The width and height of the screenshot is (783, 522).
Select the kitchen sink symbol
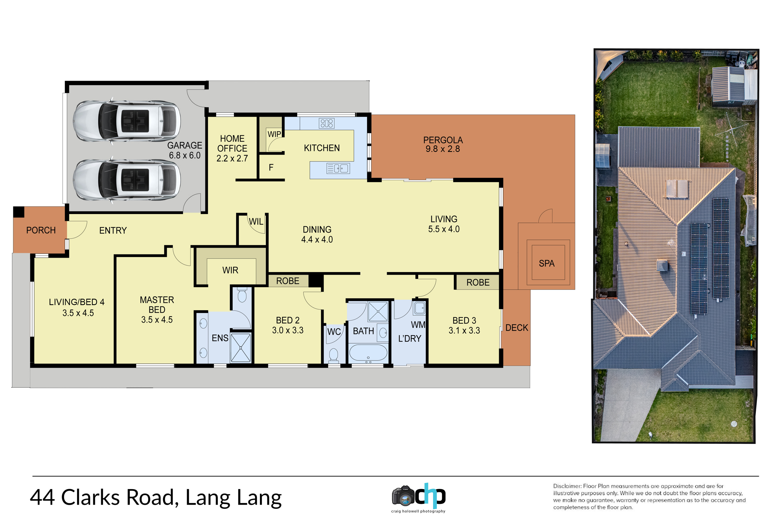pos(338,168)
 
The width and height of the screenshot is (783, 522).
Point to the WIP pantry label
pos(274,134)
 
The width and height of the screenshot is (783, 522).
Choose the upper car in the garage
pos(127,121)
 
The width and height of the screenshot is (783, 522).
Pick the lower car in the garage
pos(127,180)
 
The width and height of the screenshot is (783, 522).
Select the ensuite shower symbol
pos(240,348)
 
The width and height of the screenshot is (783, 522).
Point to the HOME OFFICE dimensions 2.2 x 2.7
pos(232,158)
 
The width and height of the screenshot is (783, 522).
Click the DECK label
pos(517,328)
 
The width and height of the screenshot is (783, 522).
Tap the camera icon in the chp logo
pos(403,496)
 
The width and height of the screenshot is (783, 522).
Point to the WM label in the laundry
pos(418,325)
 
